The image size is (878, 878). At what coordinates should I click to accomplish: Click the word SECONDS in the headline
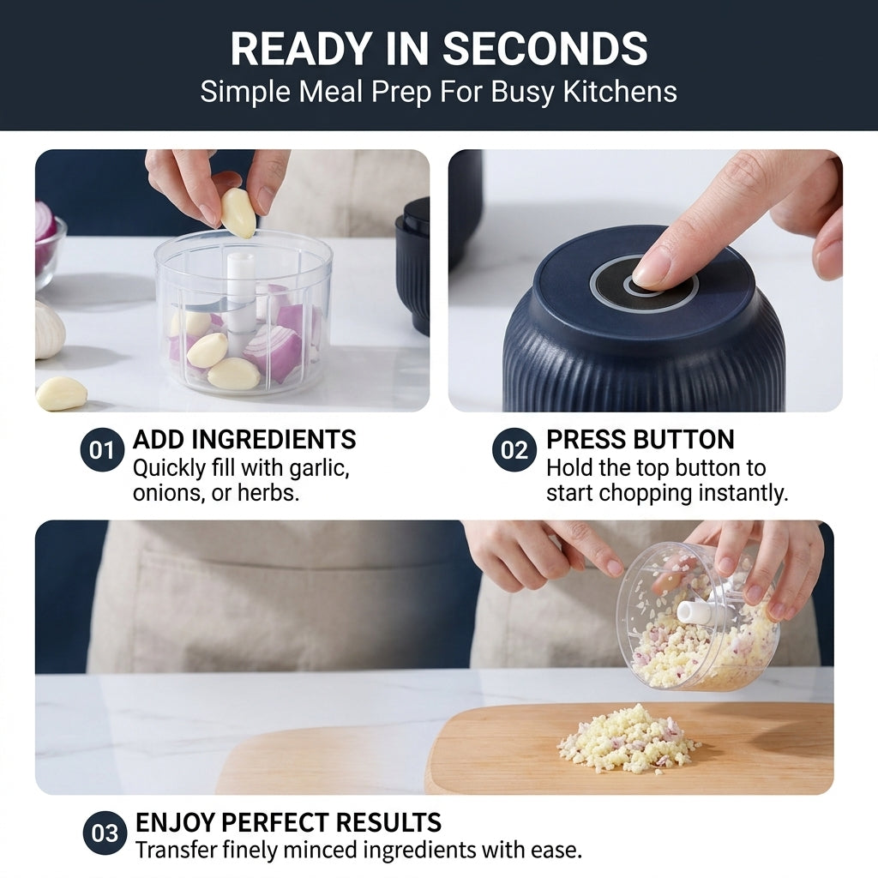click(545, 49)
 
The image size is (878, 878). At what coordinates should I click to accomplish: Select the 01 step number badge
click(101, 449)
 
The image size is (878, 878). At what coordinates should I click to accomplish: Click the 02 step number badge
click(514, 449)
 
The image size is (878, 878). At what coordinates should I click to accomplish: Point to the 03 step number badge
click(105, 833)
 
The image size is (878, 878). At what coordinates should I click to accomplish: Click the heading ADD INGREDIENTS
click(244, 440)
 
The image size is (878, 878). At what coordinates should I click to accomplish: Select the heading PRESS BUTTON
click(640, 440)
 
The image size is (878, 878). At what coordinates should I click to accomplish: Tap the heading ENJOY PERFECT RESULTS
click(288, 822)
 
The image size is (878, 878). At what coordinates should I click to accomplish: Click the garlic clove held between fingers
click(238, 213)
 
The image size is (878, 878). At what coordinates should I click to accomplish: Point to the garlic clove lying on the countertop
click(61, 393)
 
